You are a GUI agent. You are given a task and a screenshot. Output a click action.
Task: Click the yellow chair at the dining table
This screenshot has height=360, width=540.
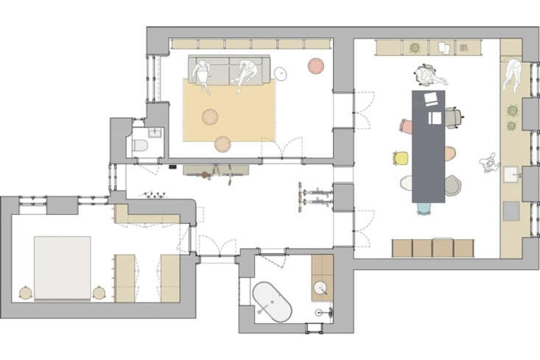pyautogui.click(x=401, y=158)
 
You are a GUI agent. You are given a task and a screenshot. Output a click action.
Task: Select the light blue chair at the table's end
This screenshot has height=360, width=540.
pyautogui.click(x=424, y=208)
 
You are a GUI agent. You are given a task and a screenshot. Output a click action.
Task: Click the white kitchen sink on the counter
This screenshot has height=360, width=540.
pyautogui.click(x=510, y=175)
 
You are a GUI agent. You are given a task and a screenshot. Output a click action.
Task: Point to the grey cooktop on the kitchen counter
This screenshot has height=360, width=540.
pyautogui.click(x=510, y=211)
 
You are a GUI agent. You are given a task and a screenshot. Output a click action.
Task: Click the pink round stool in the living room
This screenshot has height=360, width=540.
pyautogui.click(x=316, y=66)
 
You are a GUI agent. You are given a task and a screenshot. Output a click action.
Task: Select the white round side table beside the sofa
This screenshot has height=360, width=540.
pyautogui.click(x=282, y=73)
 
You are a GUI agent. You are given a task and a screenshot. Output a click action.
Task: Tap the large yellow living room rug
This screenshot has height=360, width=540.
pyautogui.click(x=229, y=110)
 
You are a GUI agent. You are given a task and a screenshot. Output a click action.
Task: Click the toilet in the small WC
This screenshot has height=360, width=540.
pyautogui.click(x=141, y=146)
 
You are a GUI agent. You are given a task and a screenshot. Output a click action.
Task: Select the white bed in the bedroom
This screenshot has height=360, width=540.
pyautogui.click(x=62, y=267)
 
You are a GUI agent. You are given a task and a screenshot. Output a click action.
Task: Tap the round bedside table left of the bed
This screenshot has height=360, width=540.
pyautogui.click(x=26, y=292)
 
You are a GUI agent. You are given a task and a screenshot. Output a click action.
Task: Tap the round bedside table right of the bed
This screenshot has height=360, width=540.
pyautogui.click(x=99, y=292)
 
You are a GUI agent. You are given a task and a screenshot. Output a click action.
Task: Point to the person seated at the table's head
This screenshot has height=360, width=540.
pyautogui.click(x=426, y=74)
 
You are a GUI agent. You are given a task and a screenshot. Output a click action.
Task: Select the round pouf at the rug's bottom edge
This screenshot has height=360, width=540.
pyautogui.click(x=222, y=144)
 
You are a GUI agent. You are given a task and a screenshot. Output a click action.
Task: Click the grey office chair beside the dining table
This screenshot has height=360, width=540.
pyautogui.click(x=455, y=116)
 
